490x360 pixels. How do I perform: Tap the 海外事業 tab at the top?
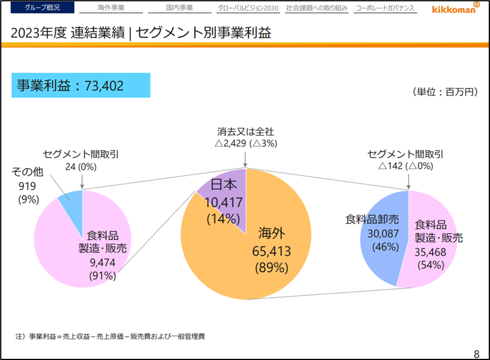(111, 9)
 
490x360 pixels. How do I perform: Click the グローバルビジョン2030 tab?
(248, 9)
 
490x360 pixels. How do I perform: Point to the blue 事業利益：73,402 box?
(81, 85)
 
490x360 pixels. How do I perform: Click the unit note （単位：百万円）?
(445, 92)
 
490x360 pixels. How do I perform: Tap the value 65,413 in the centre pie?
(271, 251)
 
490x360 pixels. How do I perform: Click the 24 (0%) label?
(81, 166)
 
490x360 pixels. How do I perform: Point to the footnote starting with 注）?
(110, 336)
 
